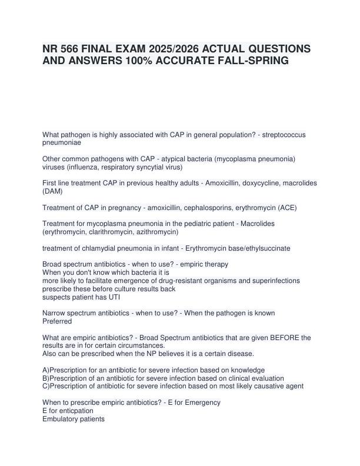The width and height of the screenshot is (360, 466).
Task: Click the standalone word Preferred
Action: [57, 321]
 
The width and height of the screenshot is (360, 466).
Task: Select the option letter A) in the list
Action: [46, 370]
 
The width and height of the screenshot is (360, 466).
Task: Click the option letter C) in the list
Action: [46, 386]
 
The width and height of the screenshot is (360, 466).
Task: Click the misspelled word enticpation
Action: [73, 411]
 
